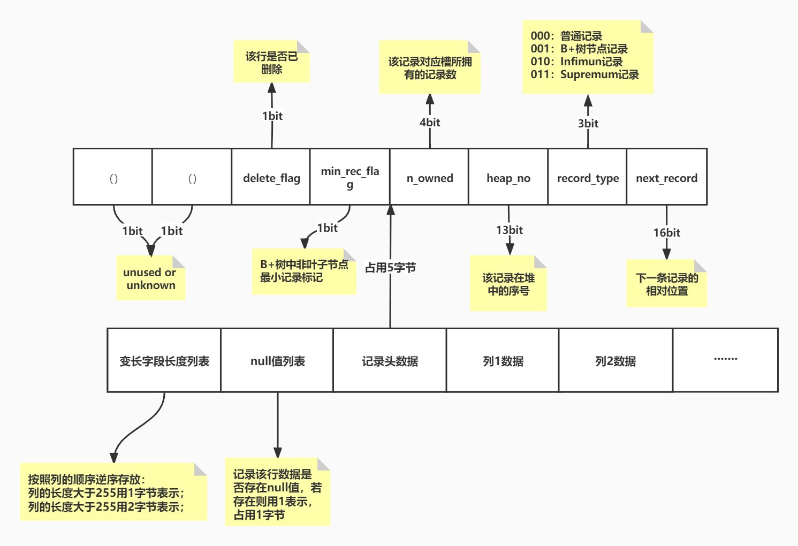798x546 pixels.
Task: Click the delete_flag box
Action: tap(271, 177)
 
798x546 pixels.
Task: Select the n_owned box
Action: tap(429, 177)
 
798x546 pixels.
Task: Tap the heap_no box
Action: tap(508, 177)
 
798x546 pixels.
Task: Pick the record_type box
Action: tap(587, 177)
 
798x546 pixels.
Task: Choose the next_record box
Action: tap(666, 177)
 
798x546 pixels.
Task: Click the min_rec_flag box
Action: tap(350, 177)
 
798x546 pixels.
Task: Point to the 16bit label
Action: tap(666, 233)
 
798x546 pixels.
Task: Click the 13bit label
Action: tap(509, 230)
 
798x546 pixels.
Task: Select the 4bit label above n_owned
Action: tap(430, 123)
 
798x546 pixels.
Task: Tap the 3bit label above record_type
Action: tap(588, 124)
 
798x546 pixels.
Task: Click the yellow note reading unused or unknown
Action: tap(150, 278)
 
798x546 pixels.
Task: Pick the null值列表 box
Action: tap(277, 361)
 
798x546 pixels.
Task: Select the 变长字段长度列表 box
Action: tap(164, 361)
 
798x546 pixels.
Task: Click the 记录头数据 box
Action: tap(390, 361)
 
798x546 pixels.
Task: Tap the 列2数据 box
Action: tap(615, 361)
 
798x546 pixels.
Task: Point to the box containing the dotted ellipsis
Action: tap(725, 360)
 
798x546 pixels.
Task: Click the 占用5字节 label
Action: tap(390, 268)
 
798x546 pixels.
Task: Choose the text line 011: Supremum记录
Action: tap(584, 74)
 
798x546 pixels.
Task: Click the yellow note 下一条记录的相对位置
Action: tap(666, 284)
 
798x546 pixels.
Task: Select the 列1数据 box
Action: tap(503, 361)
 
